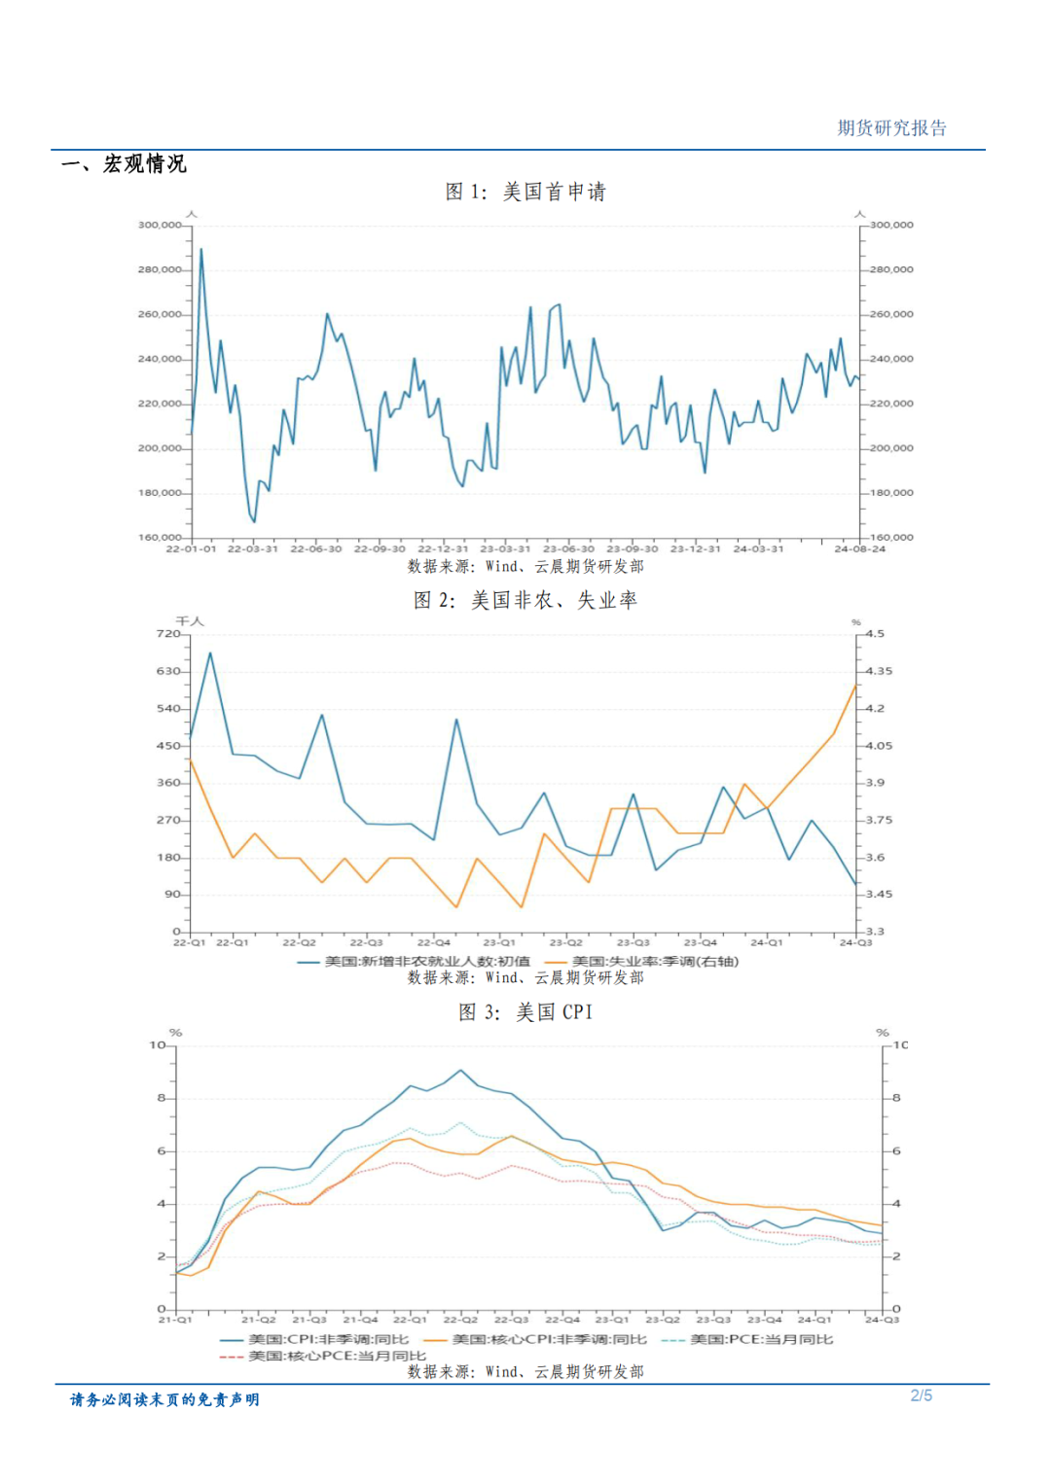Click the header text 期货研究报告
[891, 128]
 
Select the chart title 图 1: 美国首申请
[525, 192]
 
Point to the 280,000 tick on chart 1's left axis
[160, 269]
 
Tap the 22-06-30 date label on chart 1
[316, 549]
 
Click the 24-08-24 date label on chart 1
[860, 549]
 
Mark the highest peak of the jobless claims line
[201, 249]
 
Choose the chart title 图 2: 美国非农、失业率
[525, 600]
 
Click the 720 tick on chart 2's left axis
[168, 634]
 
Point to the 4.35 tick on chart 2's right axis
[879, 671]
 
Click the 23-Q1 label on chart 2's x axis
[499, 942]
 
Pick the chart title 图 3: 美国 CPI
[525, 1012]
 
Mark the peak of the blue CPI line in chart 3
[460, 1071]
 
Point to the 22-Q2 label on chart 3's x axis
[460, 1320]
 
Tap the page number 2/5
[921, 1396]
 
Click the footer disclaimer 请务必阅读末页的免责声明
[164, 1399]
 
